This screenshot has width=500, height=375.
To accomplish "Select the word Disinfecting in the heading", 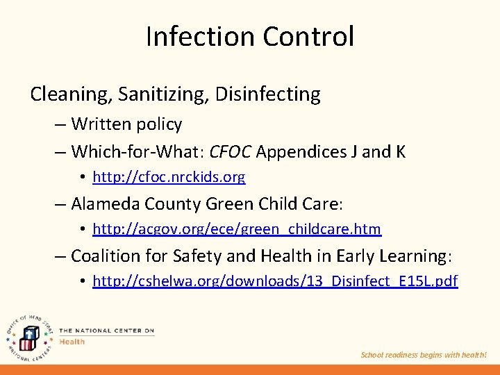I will click(268, 94).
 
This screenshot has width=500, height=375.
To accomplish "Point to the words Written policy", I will click(126, 124).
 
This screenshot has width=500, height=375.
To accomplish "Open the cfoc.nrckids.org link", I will click(169, 177).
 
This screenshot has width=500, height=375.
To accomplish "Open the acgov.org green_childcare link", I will click(237, 228).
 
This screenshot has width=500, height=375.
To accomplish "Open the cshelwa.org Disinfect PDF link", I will click(275, 281).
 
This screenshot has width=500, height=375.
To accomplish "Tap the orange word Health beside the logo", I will click(72, 342).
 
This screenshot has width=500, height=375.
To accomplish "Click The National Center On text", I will click(106, 331).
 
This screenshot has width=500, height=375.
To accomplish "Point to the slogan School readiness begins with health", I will click(424, 355).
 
